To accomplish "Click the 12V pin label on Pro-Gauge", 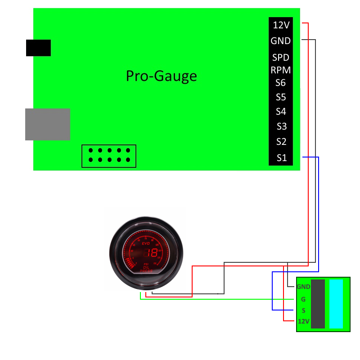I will pyautogui.click(x=281, y=25).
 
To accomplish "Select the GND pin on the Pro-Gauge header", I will pyautogui.click(x=281, y=41).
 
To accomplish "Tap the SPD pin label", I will pyautogui.click(x=281, y=58).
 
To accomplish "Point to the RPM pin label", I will pyautogui.click(x=281, y=70).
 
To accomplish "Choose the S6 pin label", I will pyautogui.click(x=281, y=83).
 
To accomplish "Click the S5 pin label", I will pyautogui.click(x=281, y=97).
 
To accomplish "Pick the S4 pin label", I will pyautogui.click(x=281, y=112).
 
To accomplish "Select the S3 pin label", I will pyautogui.click(x=281, y=126).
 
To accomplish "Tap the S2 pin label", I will pyautogui.click(x=281, y=142).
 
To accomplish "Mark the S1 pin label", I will pyautogui.click(x=282, y=158).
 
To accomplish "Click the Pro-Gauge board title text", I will pyautogui.click(x=161, y=76).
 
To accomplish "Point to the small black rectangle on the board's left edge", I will pyautogui.click(x=38, y=48).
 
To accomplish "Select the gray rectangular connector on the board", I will pyautogui.click(x=48, y=124).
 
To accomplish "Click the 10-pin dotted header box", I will pyautogui.click(x=109, y=156).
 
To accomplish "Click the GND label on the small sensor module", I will pyautogui.click(x=303, y=287).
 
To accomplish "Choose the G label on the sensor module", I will pyautogui.click(x=303, y=299).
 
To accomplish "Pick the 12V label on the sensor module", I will pyautogui.click(x=304, y=321).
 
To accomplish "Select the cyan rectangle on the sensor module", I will pyautogui.click(x=336, y=304).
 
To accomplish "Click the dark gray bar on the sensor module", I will pyautogui.click(x=318, y=304).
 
